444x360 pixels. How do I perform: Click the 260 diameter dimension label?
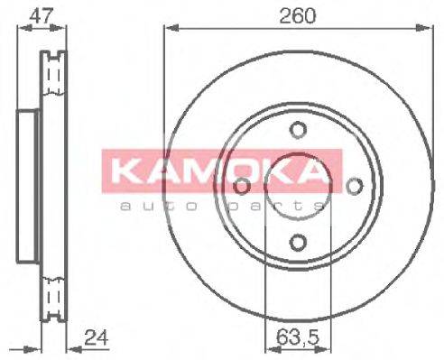click(297, 14)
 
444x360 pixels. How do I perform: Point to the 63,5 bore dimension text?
click(298, 341)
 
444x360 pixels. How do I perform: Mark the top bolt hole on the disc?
click(298, 128)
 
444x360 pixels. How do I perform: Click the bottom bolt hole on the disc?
click(298, 242)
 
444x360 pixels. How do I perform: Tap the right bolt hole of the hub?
click(355, 185)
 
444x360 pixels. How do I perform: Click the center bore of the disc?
click(298, 189)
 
